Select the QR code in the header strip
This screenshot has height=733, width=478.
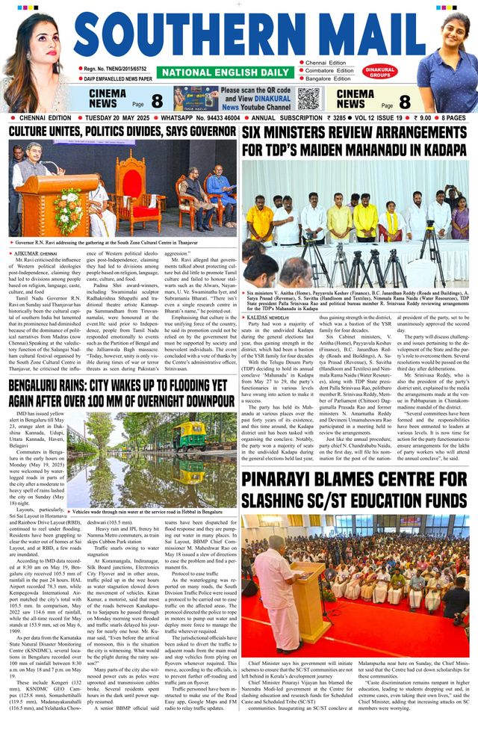coord(307,99)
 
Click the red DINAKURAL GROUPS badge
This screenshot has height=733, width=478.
coord(379,72)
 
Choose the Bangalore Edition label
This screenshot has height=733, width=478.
coord(328,78)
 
